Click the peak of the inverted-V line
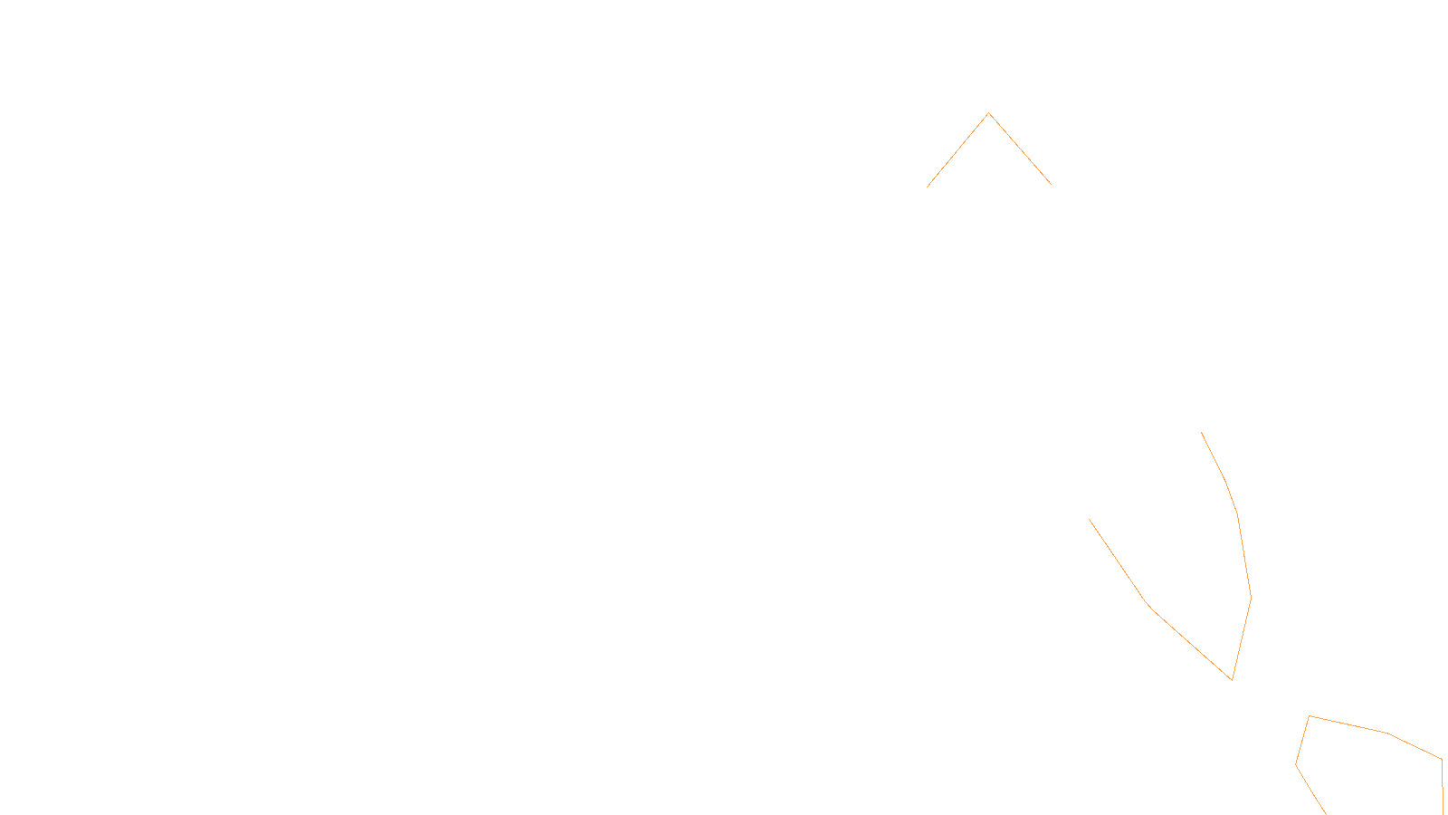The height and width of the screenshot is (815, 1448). point(989,113)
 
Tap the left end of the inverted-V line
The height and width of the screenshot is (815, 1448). point(928,187)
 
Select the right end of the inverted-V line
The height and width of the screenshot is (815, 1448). point(1051,185)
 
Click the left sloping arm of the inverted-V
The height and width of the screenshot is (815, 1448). point(958,150)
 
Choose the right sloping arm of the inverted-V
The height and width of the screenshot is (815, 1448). point(1020,149)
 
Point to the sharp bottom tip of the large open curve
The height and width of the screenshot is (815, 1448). point(1232,679)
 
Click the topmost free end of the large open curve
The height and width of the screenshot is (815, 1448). point(1202,433)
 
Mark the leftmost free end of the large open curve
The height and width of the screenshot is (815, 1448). point(1090,520)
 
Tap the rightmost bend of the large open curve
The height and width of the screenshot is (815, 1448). point(1251,598)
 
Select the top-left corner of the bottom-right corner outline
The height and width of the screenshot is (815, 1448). point(1309,716)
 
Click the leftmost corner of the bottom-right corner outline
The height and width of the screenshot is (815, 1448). point(1296,764)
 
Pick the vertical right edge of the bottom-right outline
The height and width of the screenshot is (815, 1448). point(1442,786)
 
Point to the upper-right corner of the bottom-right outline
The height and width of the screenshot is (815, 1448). point(1441,759)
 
